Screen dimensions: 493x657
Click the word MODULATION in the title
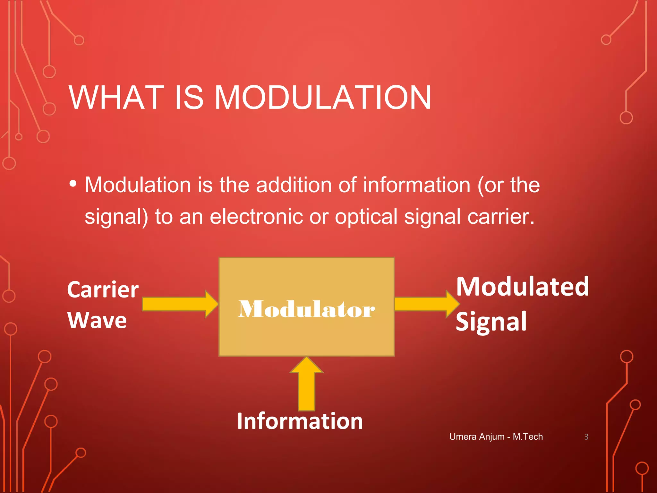pos(322,98)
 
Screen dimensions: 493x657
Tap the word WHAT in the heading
pos(116,98)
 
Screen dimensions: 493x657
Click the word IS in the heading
pos(189,98)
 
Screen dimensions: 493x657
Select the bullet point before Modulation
pos(73,184)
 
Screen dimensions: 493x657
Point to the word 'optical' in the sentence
pos(366,217)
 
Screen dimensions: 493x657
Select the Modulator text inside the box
pos(306,309)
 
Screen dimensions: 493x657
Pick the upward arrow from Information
pos(306,385)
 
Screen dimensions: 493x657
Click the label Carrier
pos(103,290)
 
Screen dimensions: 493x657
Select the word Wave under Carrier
pos(97,320)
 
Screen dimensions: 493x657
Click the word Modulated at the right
pos(522,287)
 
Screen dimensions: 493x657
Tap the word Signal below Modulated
pos(491,322)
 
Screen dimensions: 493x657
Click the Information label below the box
pos(300,421)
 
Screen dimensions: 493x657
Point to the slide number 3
pos(586,437)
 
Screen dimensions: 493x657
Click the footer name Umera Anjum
pos(477,437)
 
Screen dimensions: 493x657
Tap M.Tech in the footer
pos(528,437)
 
